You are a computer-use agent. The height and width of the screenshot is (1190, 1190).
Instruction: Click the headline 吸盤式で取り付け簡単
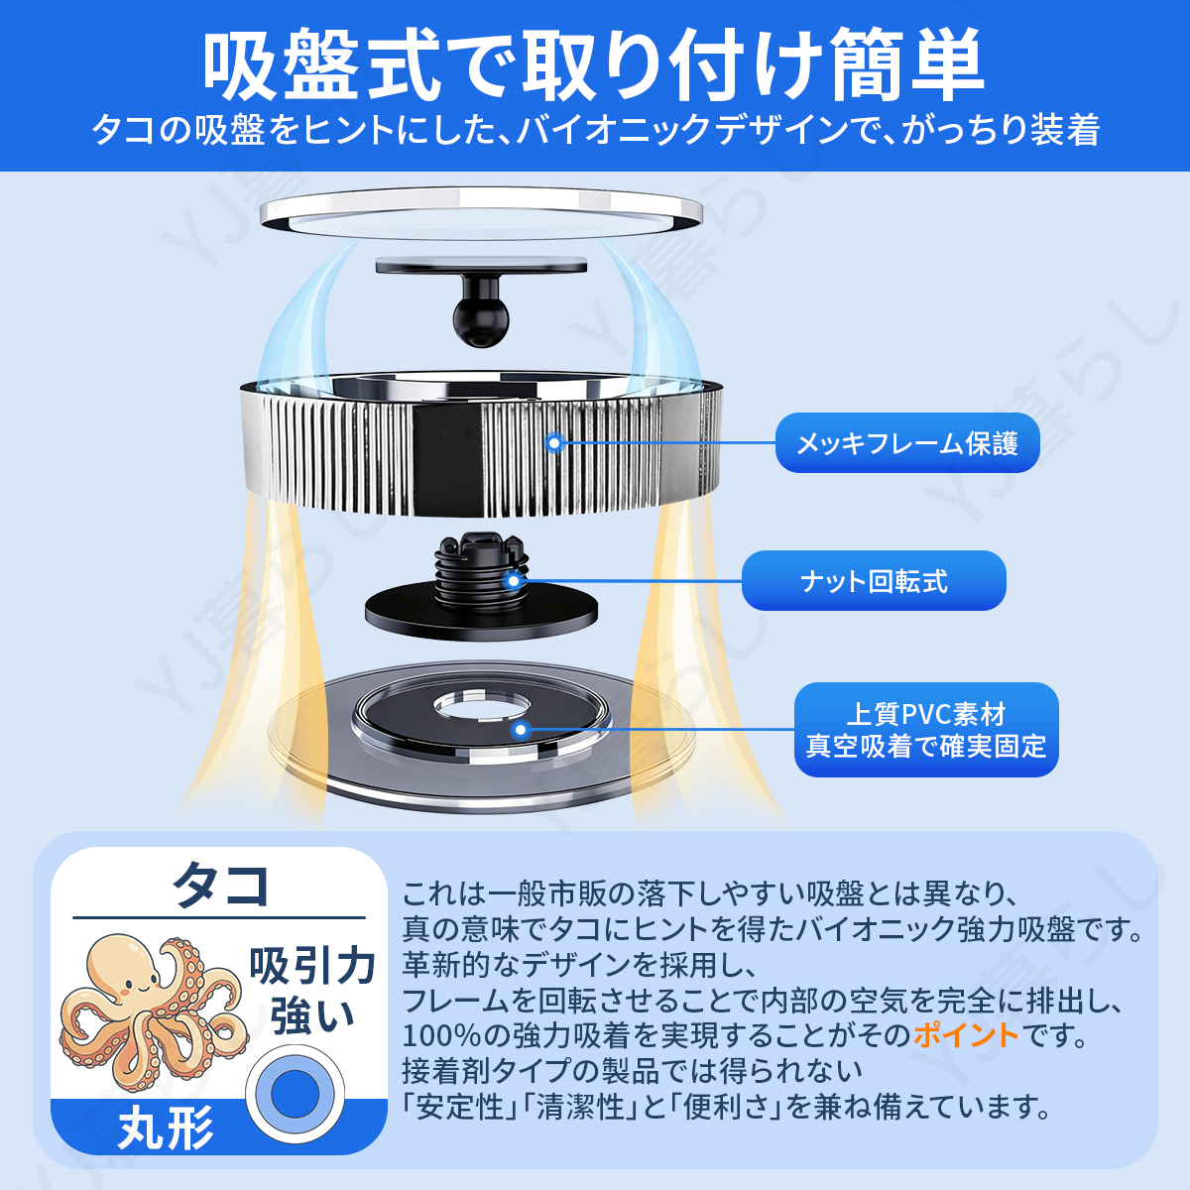593,64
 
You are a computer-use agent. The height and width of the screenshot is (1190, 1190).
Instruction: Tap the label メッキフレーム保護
907,443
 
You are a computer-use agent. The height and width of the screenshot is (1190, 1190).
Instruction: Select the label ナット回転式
874,581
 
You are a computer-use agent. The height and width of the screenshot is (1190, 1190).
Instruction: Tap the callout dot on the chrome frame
554,442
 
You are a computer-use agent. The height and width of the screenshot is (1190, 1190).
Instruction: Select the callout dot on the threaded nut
513,580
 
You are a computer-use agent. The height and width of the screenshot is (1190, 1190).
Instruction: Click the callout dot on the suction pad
521,730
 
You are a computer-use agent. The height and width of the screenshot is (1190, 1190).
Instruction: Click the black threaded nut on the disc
482,570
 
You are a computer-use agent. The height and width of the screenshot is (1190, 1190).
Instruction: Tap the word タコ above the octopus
220,885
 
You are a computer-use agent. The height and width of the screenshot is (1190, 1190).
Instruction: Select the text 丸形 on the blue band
166,1128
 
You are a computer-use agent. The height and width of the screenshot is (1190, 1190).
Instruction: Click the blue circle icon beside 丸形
296,1094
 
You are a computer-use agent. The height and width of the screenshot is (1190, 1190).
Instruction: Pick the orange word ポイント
966,1035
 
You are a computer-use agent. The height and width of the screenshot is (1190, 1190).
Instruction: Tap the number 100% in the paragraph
441,1035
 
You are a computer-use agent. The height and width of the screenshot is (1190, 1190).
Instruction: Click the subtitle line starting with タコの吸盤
596,130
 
